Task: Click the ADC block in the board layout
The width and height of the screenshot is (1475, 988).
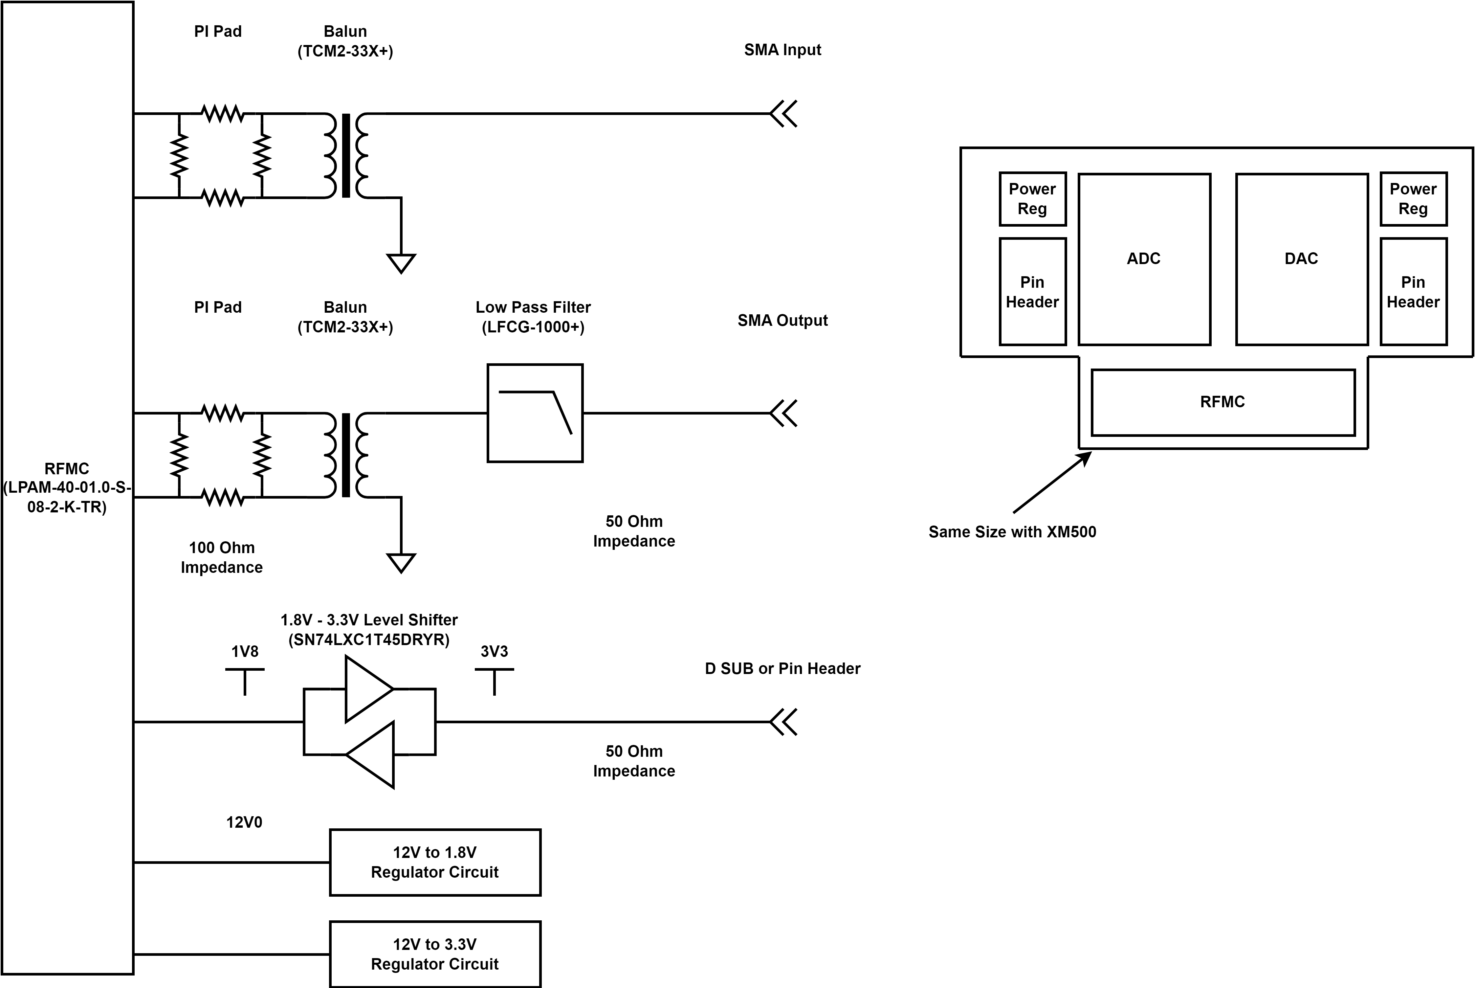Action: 1144,259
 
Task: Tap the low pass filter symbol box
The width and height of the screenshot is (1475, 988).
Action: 535,413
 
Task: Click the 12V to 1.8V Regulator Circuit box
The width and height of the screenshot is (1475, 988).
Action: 434,862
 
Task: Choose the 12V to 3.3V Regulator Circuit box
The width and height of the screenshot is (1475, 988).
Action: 434,954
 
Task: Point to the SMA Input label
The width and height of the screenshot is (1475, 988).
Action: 782,50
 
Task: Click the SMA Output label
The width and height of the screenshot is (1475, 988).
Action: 782,320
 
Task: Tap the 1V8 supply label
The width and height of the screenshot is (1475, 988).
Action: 244,652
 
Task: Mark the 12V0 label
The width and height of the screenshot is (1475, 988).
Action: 244,822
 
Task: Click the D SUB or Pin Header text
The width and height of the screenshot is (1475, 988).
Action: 782,668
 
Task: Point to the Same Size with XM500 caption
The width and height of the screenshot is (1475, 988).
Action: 1012,532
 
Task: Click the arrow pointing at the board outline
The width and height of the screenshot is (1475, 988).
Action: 1052,482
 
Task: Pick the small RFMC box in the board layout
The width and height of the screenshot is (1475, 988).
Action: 1222,402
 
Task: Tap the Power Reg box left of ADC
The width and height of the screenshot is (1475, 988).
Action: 1032,198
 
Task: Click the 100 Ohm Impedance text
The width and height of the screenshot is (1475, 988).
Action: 222,557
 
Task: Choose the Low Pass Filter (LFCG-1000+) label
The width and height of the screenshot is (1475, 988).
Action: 533,317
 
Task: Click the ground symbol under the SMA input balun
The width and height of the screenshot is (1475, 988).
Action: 401,263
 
